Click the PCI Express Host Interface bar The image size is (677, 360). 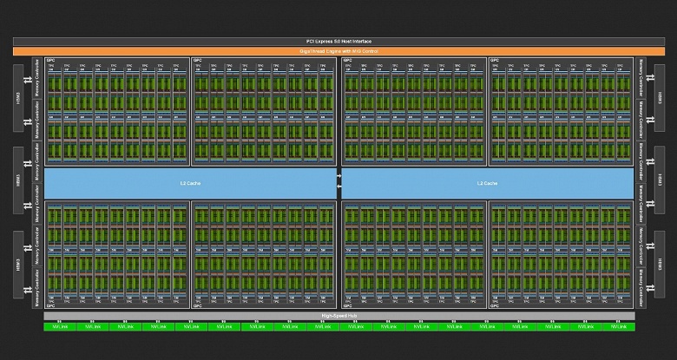338,41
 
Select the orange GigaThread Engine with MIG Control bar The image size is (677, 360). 338,51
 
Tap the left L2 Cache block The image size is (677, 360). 184,183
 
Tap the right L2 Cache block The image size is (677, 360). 487,183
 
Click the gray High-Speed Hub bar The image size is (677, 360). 338,317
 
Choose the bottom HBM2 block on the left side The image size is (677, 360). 18,265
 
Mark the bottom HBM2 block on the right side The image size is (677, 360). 658,265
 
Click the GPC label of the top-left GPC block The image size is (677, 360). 50,61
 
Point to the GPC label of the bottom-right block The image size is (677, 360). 495,305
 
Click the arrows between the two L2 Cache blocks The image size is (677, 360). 338,183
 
